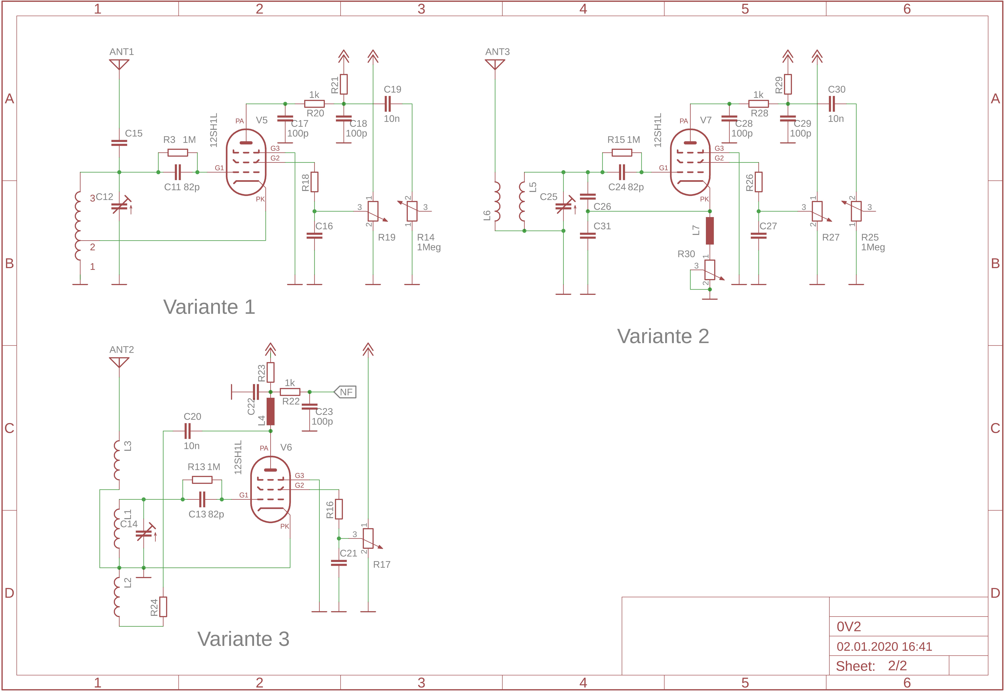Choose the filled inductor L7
pyautogui.click(x=710, y=231)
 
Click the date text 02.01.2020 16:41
pyautogui.click(x=884, y=646)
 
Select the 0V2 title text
pyautogui.click(x=848, y=627)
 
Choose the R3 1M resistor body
pyautogui.click(x=178, y=153)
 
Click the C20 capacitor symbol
pyautogui.click(x=188, y=431)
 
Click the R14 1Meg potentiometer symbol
pyautogui.click(x=412, y=211)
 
